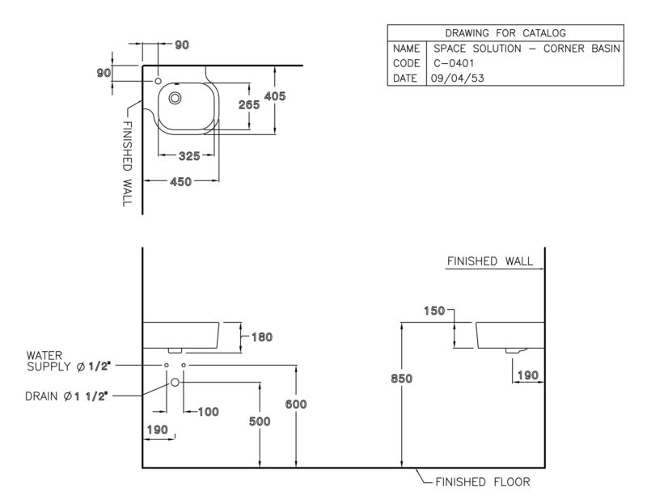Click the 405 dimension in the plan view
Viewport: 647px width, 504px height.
(x=275, y=96)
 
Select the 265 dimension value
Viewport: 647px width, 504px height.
(x=249, y=105)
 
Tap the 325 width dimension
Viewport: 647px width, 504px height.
(x=189, y=156)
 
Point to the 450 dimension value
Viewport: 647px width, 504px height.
(x=180, y=182)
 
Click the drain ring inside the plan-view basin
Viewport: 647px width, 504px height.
(x=175, y=98)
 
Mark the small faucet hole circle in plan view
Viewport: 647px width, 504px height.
(x=158, y=81)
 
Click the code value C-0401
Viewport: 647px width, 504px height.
(x=454, y=63)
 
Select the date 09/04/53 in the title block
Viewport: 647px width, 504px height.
(x=457, y=78)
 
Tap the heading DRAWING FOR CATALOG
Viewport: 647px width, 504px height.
(x=505, y=33)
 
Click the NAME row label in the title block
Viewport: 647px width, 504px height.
(x=407, y=49)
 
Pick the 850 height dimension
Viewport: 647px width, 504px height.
(x=401, y=379)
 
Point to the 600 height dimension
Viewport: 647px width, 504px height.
(x=296, y=404)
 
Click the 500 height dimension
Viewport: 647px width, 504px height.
(x=260, y=421)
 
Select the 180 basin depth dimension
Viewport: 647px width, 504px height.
(x=262, y=337)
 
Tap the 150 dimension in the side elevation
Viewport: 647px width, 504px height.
(x=434, y=311)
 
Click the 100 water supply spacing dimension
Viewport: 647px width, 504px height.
(x=209, y=412)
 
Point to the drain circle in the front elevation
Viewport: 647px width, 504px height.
(x=175, y=383)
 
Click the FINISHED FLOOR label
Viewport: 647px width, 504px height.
(x=483, y=482)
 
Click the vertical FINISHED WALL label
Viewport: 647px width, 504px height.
(x=128, y=163)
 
